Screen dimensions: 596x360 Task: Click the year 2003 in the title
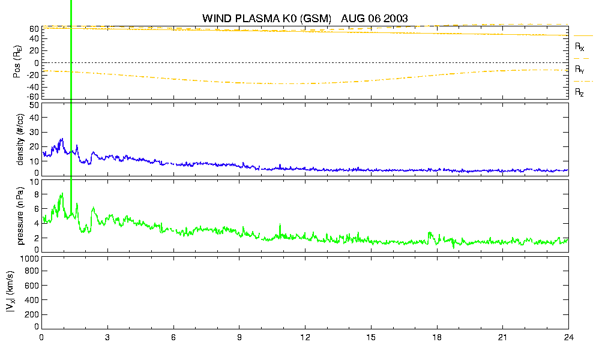[396, 18]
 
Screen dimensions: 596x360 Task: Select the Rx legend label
[579, 47]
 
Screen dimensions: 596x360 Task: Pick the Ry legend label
[579, 69]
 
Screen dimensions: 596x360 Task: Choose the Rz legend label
[579, 92]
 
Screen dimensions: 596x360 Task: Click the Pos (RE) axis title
[17, 62]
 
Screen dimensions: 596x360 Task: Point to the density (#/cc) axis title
[20, 139]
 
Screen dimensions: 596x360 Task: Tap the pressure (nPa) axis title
[20, 215]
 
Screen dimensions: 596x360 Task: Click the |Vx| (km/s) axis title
[10, 292]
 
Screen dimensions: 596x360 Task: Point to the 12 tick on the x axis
[305, 337]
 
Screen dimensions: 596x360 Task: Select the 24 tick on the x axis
[568, 337]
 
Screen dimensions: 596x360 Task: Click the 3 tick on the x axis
[107, 337]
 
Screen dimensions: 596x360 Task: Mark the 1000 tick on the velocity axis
[29, 259]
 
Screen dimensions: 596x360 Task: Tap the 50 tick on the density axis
[34, 105]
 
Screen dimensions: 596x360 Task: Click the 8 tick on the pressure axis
[37, 194]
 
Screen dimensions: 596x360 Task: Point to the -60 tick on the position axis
[33, 97]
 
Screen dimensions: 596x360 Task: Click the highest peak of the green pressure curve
[62, 193]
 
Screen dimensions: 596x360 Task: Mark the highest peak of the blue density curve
[62, 139]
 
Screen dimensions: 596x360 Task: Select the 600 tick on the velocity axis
[32, 286]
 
